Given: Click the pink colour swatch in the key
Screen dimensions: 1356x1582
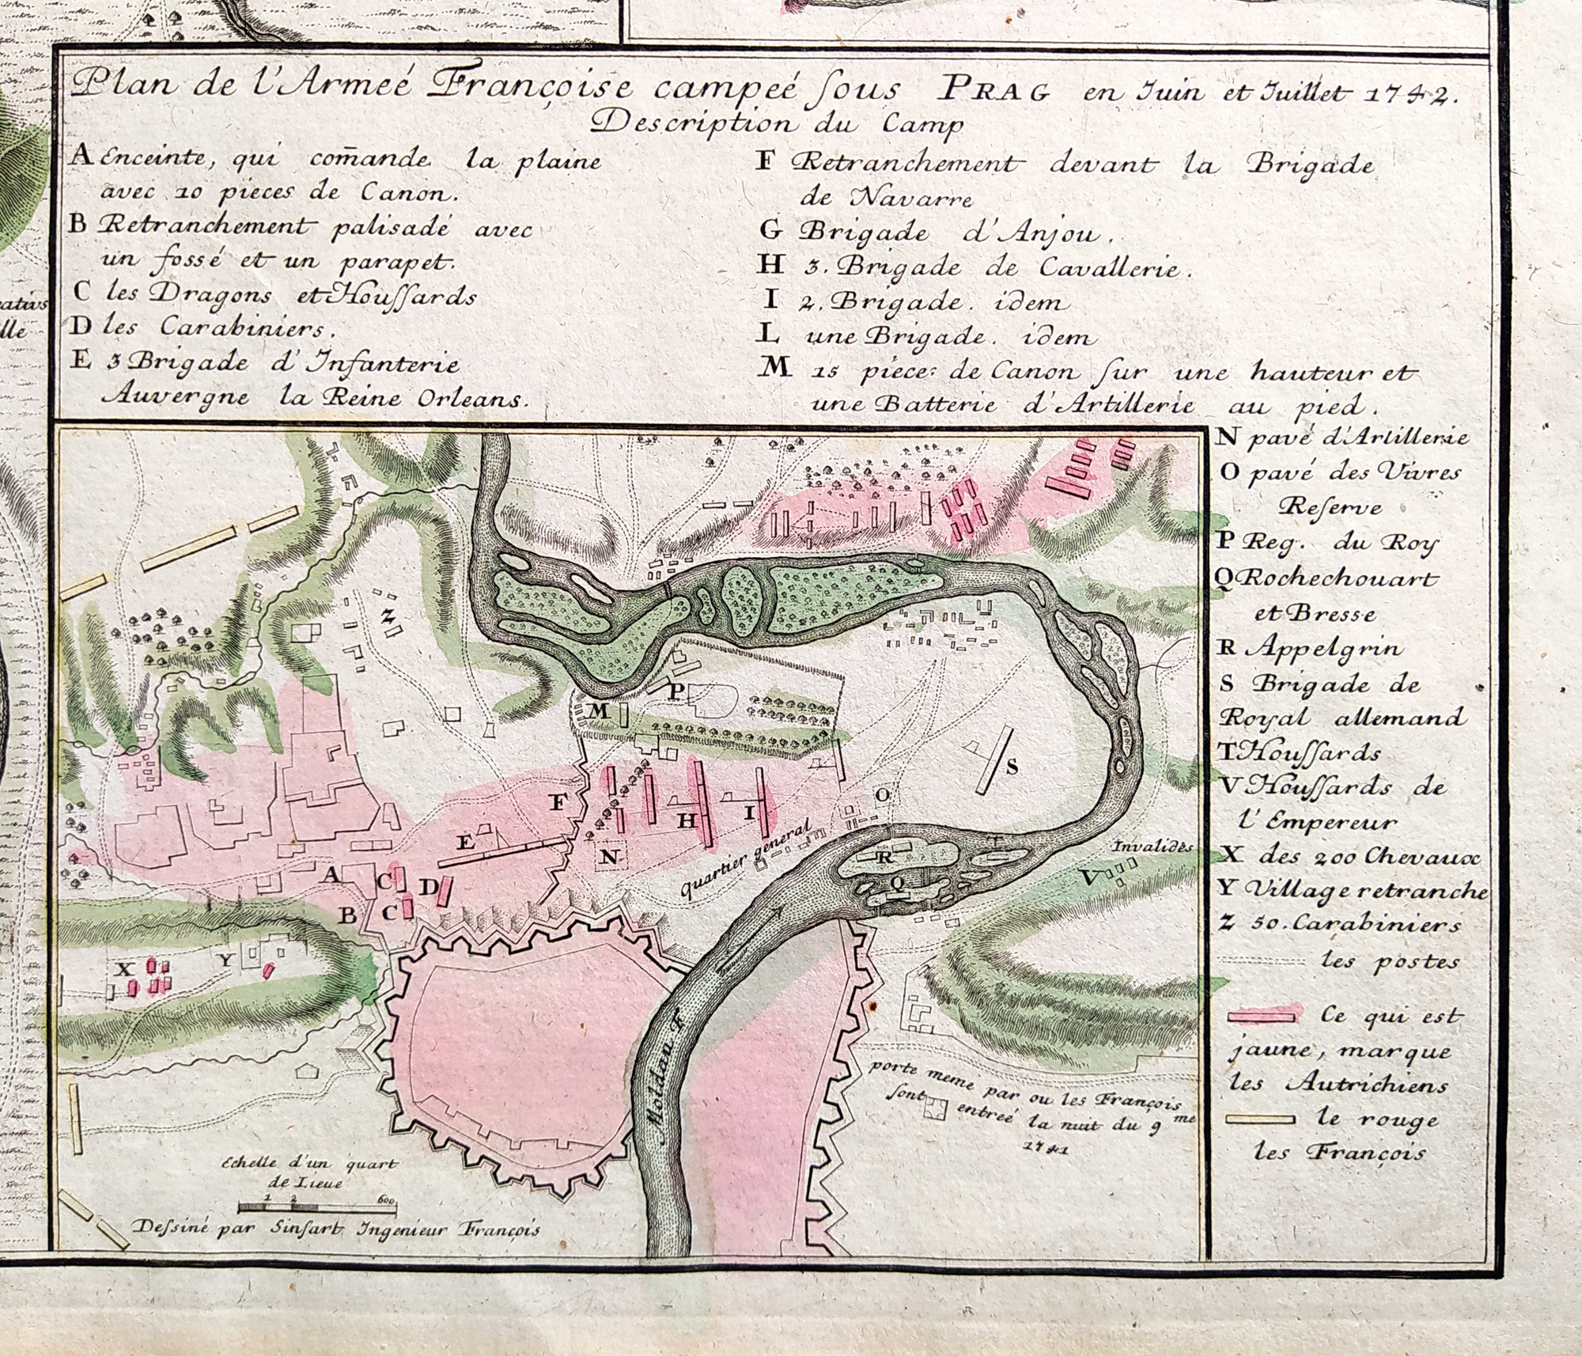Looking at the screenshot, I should click(x=1265, y=1013).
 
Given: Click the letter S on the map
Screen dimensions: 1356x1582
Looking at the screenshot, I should click(x=1011, y=766).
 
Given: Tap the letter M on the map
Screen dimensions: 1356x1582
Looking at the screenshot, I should click(x=599, y=711).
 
